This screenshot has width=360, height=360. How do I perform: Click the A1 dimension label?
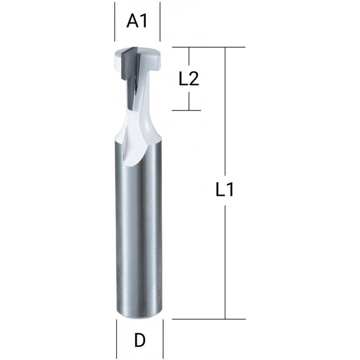coord(137,22)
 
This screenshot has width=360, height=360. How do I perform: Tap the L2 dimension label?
coord(189,79)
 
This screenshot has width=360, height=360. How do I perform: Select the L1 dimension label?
coord(225,189)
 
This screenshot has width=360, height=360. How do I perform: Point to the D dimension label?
coord(139,340)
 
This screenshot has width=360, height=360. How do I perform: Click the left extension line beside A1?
coord(115,22)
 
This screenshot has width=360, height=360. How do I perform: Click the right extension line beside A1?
coord(160,22)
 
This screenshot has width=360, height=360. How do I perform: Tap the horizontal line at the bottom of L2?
coord(186,110)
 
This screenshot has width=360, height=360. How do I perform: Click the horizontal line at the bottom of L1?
coord(209,319)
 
